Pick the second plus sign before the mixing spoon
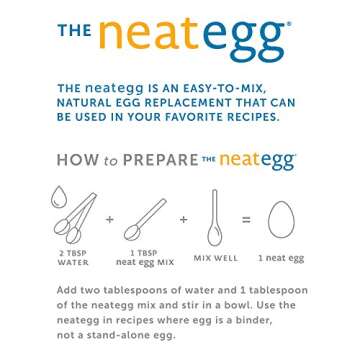184,217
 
